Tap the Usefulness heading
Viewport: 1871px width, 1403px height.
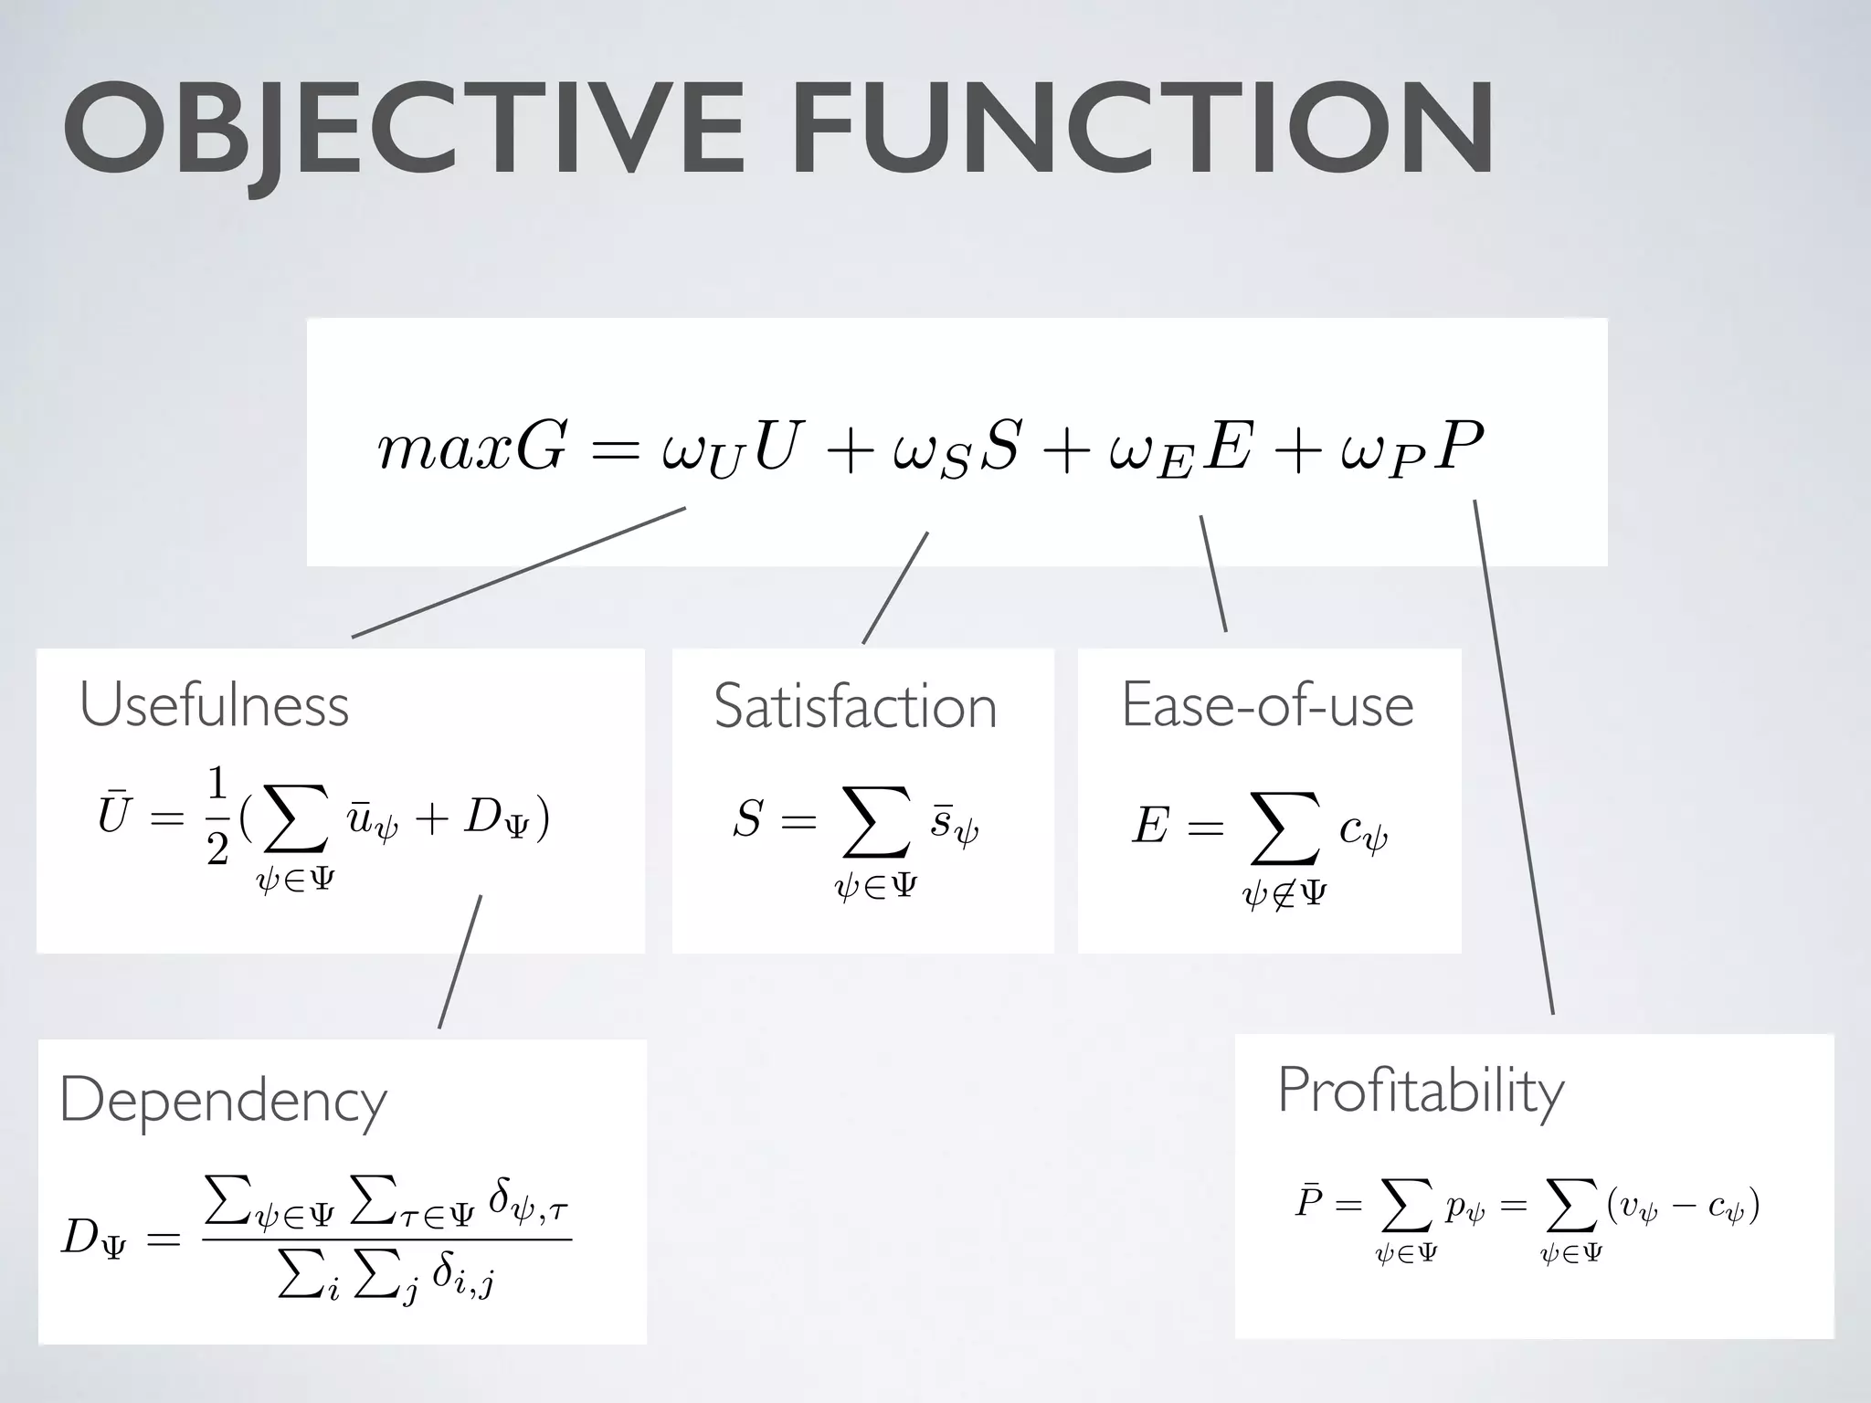215,705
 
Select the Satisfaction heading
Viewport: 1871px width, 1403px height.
855,707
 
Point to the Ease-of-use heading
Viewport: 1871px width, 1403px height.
1267,705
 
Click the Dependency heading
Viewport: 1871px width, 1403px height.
223,1101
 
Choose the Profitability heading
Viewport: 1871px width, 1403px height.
1421,1091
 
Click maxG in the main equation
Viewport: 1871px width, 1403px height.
471,448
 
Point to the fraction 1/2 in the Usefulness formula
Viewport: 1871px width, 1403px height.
217,816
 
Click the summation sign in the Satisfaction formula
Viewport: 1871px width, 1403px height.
876,822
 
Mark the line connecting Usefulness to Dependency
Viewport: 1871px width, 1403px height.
460,962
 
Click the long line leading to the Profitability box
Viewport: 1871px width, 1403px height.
1514,758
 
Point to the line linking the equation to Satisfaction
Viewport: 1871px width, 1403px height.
895,588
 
